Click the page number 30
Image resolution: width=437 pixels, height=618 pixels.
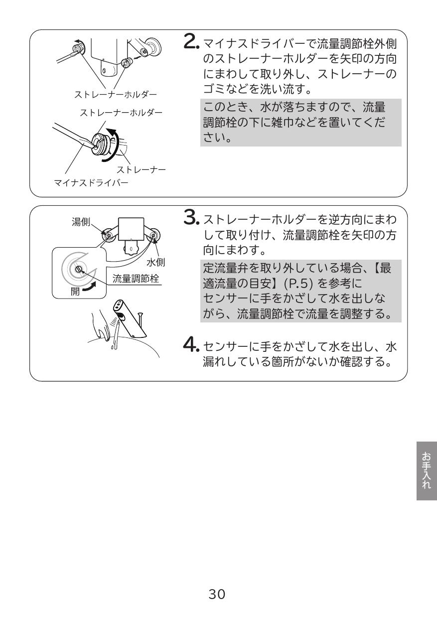[x=218, y=594]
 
